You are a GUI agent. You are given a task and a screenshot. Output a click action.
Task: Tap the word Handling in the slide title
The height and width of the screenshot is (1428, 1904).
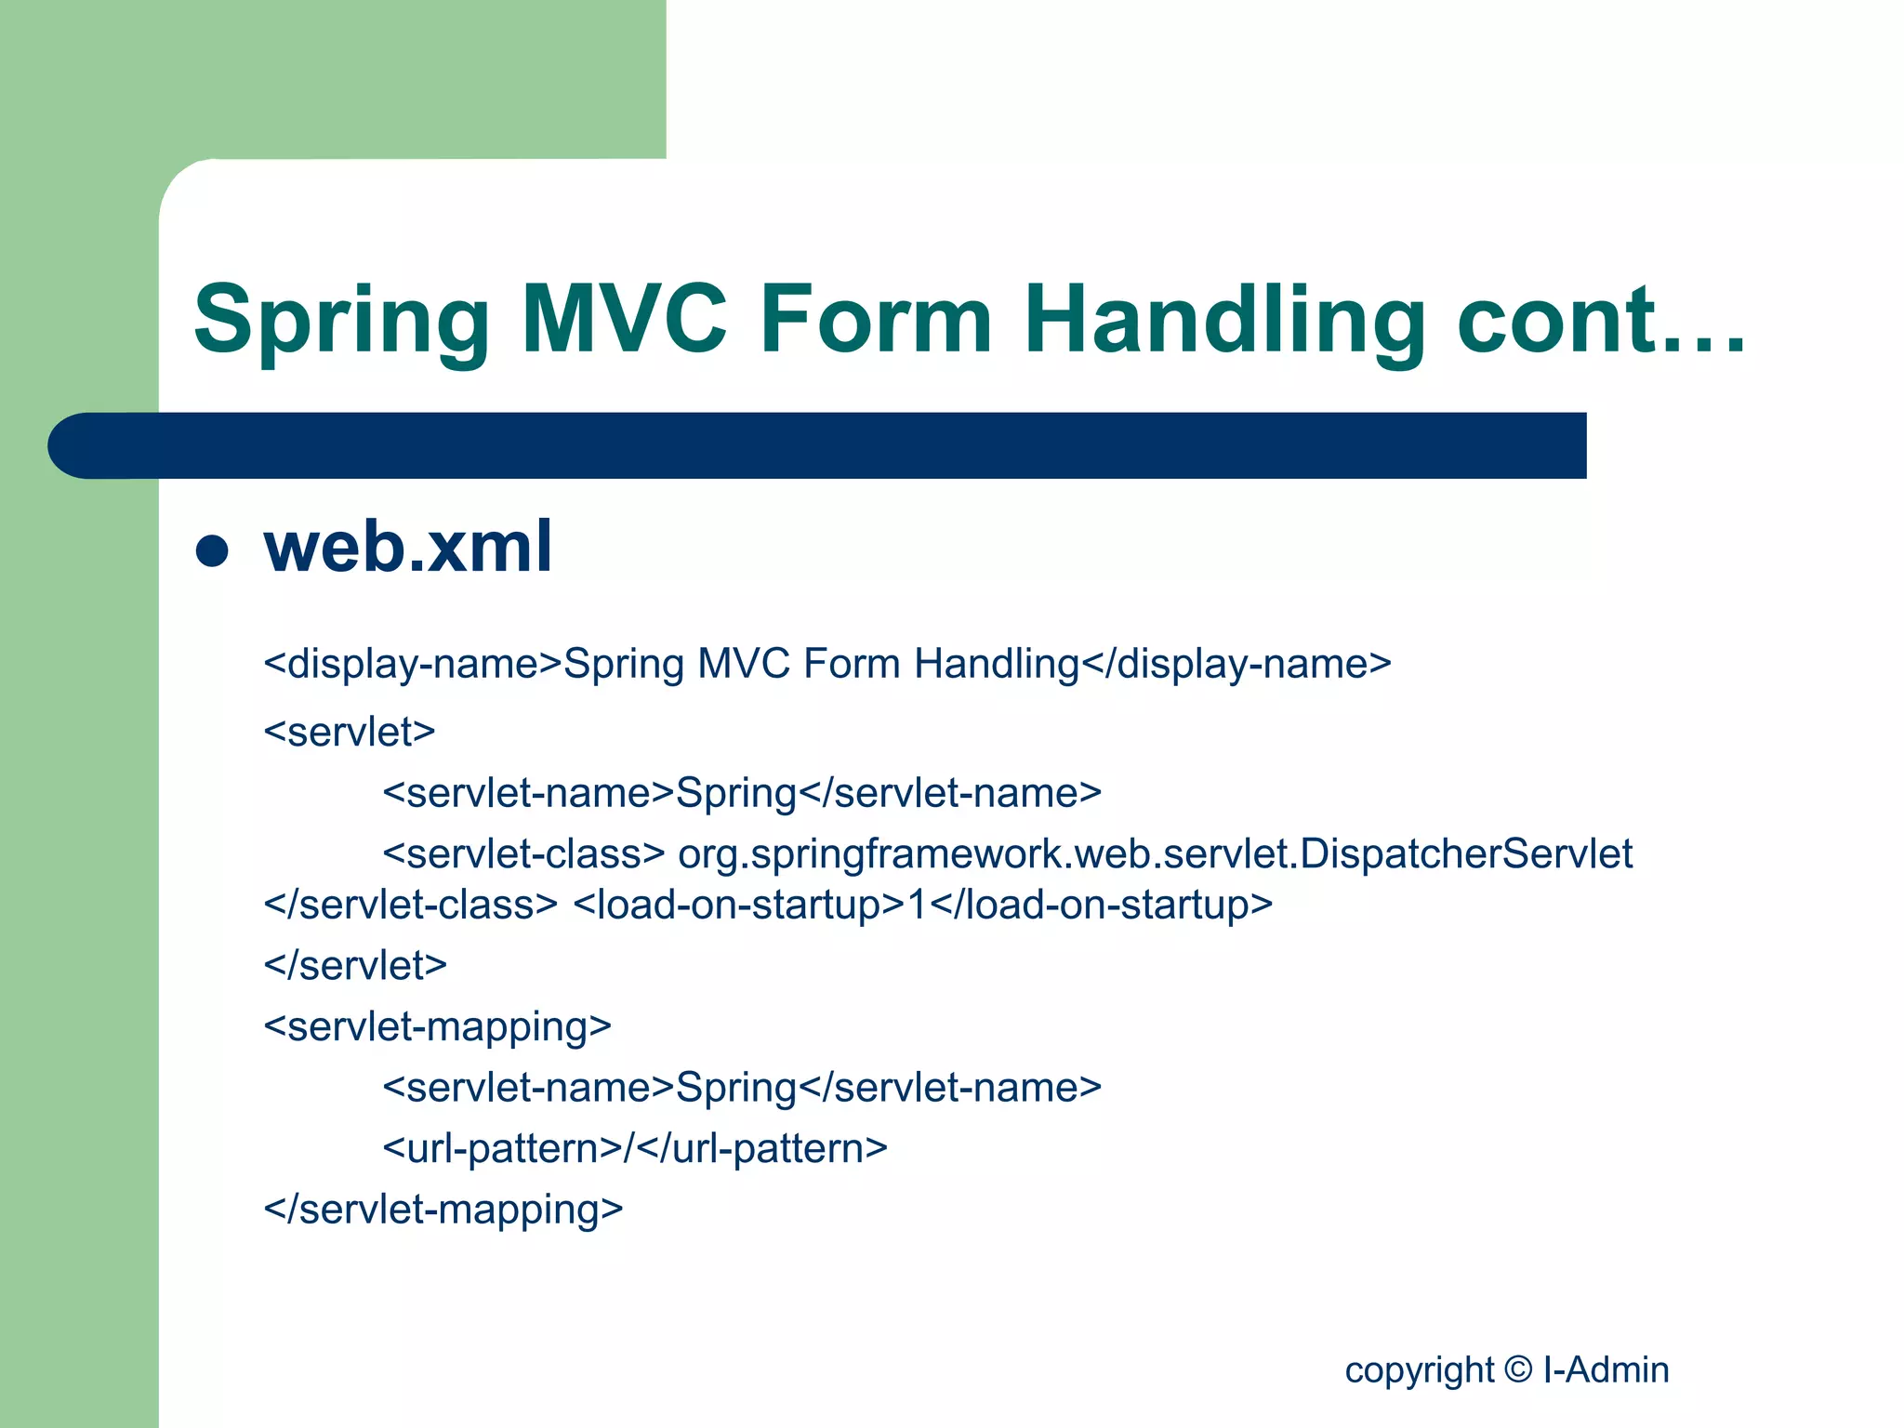(1224, 321)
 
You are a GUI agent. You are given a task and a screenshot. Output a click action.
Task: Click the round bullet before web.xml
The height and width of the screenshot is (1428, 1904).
(212, 550)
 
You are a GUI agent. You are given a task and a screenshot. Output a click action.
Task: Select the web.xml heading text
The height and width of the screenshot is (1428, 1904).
(408, 547)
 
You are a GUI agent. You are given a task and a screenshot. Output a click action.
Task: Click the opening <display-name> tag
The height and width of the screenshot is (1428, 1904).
(413, 664)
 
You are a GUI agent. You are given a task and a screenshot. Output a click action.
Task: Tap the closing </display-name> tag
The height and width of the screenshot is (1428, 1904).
(1236, 664)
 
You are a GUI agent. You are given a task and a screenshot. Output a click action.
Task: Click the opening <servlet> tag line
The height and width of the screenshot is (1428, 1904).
(350, 732)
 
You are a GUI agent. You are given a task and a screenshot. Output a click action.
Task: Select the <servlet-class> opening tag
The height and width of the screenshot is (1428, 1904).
(523, 853)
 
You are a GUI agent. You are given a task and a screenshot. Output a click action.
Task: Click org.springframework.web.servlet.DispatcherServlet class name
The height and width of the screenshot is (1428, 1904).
(1155, 853)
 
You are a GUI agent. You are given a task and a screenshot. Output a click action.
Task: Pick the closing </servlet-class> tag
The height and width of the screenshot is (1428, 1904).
(410, 905)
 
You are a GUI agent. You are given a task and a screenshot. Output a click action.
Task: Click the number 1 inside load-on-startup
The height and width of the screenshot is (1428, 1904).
(917, 905)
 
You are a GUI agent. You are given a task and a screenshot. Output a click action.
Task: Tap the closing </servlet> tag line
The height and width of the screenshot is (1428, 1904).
(355, 965)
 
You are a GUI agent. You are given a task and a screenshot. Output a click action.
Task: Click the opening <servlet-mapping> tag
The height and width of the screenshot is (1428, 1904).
(437, 1026)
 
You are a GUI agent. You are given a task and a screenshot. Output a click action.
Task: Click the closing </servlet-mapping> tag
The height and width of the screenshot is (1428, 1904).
(443, 1210)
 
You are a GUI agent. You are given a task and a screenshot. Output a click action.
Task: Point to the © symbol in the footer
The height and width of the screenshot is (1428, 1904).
(1517, 1369)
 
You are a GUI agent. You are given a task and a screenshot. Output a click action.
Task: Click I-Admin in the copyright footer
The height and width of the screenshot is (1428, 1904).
(1606, 1369)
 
